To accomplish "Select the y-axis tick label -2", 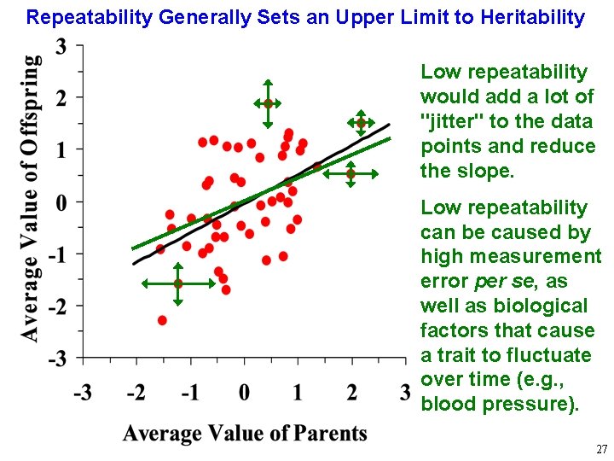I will coord(58,306).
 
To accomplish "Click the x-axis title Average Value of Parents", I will coord(245,433).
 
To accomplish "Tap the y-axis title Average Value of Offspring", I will coord(30,198).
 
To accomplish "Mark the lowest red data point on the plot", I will coord(162,320).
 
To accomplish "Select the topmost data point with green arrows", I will coord(268,103).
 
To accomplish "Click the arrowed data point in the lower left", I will coord(177,283).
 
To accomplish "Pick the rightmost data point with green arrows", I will coord(361,123).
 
